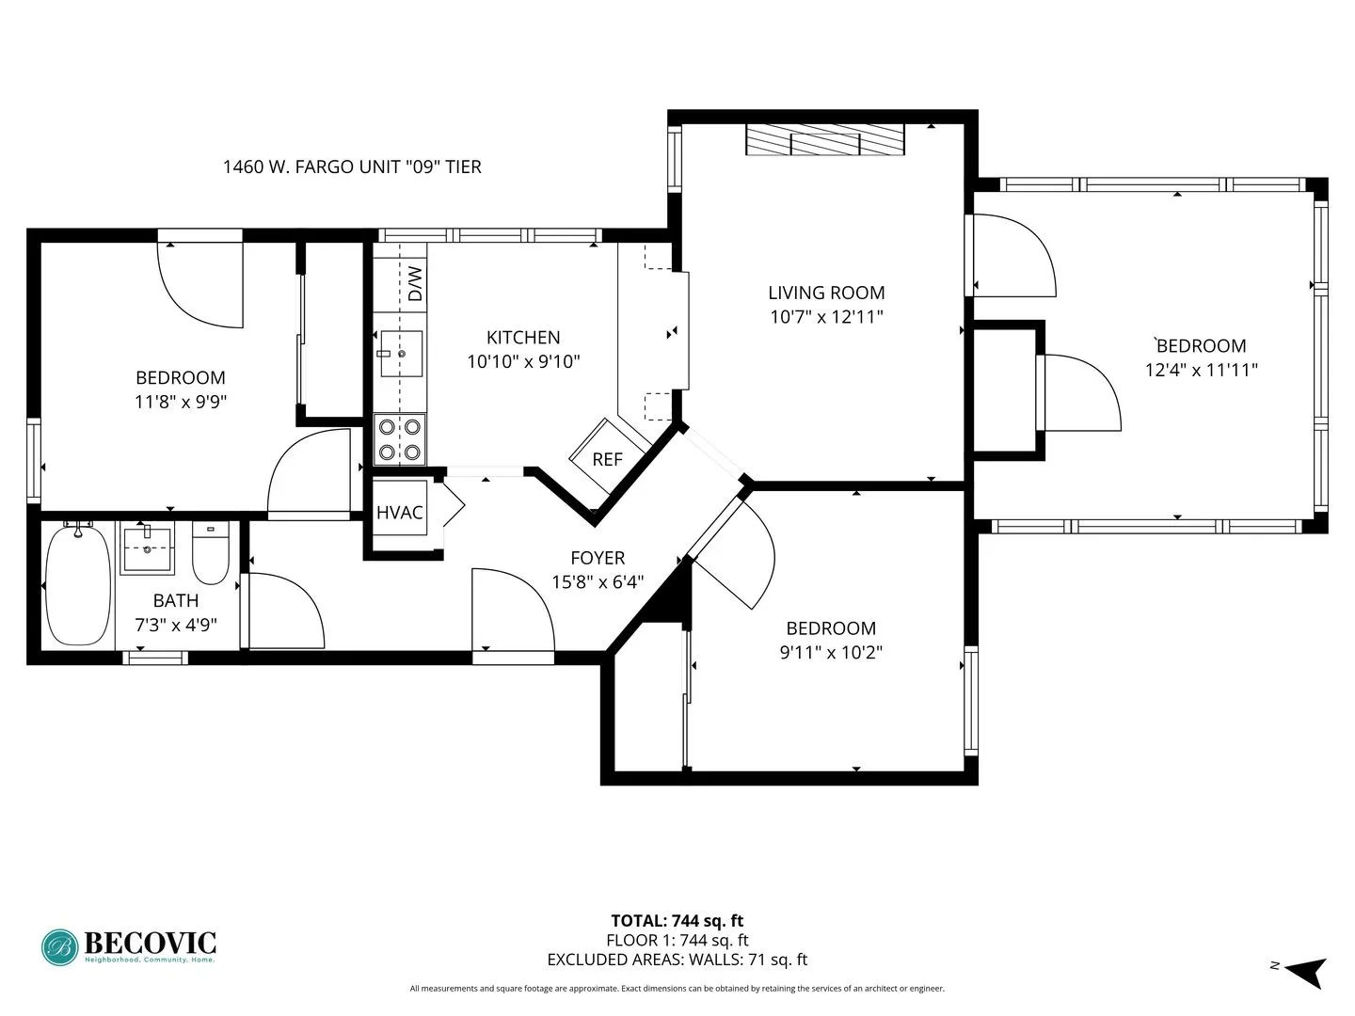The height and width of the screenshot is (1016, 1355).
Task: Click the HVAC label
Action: (400, 513)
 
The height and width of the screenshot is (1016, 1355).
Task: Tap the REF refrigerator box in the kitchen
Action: (607, 459)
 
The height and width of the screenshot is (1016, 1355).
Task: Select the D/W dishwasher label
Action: (415, 283)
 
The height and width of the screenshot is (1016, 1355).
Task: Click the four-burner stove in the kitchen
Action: (399, 439)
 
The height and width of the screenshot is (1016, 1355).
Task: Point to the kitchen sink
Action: (401, 354)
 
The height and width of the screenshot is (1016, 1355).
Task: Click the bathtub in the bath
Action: (78, 585)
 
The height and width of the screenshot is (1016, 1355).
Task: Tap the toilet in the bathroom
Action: (211, 554)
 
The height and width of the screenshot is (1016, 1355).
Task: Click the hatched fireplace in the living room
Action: (824, 139)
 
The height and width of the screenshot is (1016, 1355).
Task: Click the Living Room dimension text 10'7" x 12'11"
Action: (826, 317)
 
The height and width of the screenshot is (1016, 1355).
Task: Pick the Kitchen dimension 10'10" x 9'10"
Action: (523, 361)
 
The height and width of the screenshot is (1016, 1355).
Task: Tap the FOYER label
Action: (598, 558)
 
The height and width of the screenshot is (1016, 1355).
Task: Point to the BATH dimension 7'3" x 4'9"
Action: (176, 624)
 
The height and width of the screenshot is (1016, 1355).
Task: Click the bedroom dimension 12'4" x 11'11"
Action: (1201, 370)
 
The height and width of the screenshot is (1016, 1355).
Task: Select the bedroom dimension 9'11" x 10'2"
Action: (831, 652)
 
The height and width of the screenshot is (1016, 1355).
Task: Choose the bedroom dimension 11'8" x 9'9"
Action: (181, 402)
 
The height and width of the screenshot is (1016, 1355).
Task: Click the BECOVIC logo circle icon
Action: (60, 947)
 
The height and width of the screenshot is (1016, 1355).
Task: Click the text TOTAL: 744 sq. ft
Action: (677, 921)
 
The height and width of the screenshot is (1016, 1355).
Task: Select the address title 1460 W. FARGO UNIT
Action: (351, 167)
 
